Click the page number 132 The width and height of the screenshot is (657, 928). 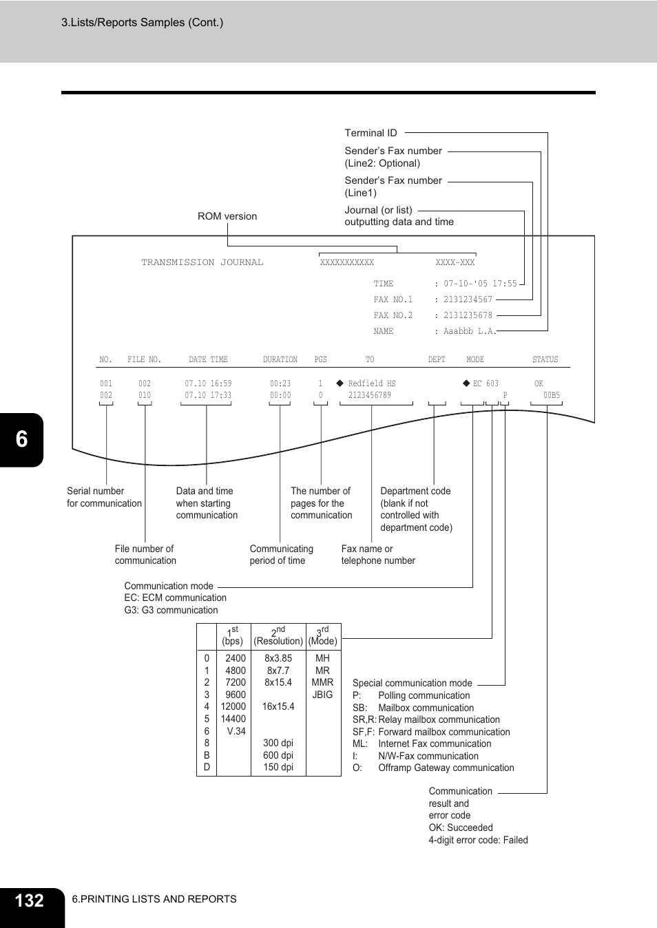coord(29,900)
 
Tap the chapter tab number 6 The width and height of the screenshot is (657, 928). coord(21,439)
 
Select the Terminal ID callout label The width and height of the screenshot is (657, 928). coord(371,133)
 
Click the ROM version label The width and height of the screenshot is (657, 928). coord(227,216)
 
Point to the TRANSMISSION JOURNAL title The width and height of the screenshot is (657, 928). coord(202,262)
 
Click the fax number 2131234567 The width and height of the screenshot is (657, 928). coord(468,299)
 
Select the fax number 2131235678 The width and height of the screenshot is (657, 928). coord(468,315)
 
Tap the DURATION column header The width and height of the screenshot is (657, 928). coord(280,359)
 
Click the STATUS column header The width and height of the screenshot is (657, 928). coord(545,359)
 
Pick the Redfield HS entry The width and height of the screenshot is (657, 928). coord(372,383)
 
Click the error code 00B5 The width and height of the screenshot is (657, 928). coord(552,395)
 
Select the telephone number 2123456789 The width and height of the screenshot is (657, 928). coord(370,395)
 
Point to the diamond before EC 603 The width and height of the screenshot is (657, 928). coord(466,383)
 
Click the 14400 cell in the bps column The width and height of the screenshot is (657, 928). coord(233,719)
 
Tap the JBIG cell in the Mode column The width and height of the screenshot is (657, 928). coord(322,695)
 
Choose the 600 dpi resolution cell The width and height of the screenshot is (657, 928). coord(278,755)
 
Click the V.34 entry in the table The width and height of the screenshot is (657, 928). coord(236,731)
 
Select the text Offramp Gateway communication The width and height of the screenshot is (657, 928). coord(446,768)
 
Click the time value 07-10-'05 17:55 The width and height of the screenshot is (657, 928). coord(481,284)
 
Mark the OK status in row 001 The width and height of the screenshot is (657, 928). coord(539,383)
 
